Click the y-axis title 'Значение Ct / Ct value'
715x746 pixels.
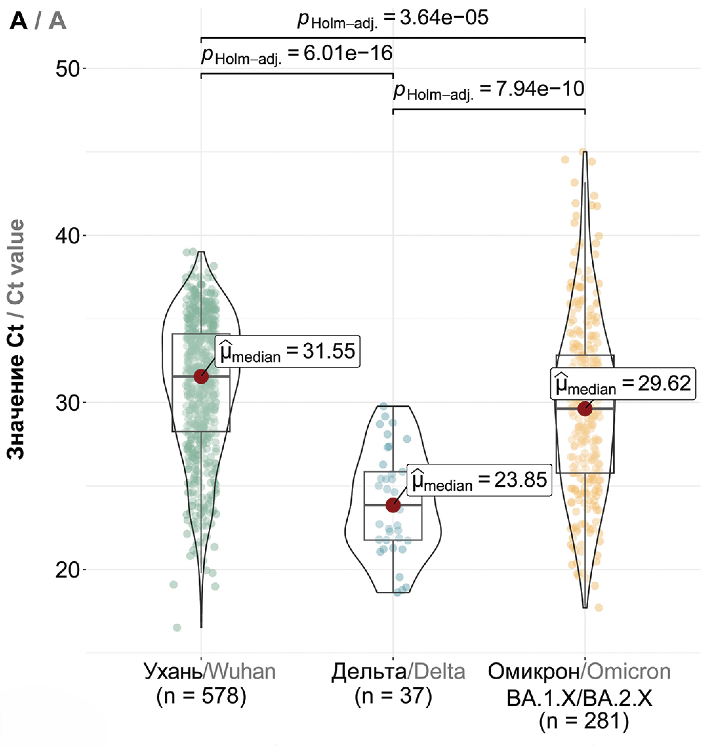pyautogui.click(x=16, y=339)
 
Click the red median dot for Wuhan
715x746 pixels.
pyautogui.click(x=201, y=377)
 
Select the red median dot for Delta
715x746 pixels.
pyautogui.click(x=393, y=505)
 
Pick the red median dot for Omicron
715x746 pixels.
pyautogui.click(x=585, y=409)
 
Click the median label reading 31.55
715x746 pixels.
pyautogui.click(x=287, y=351)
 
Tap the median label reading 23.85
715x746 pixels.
pyautogui.click(x=479, y=480)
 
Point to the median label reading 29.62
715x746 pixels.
pyautogui.click(x=623, y=384)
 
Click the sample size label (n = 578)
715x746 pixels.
pyautogui.click(x=201, y=695)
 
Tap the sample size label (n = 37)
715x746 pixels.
pyautogui.click(x=393, y=695)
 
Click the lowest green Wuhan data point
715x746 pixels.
pyautogui.click(x=177, y=627)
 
